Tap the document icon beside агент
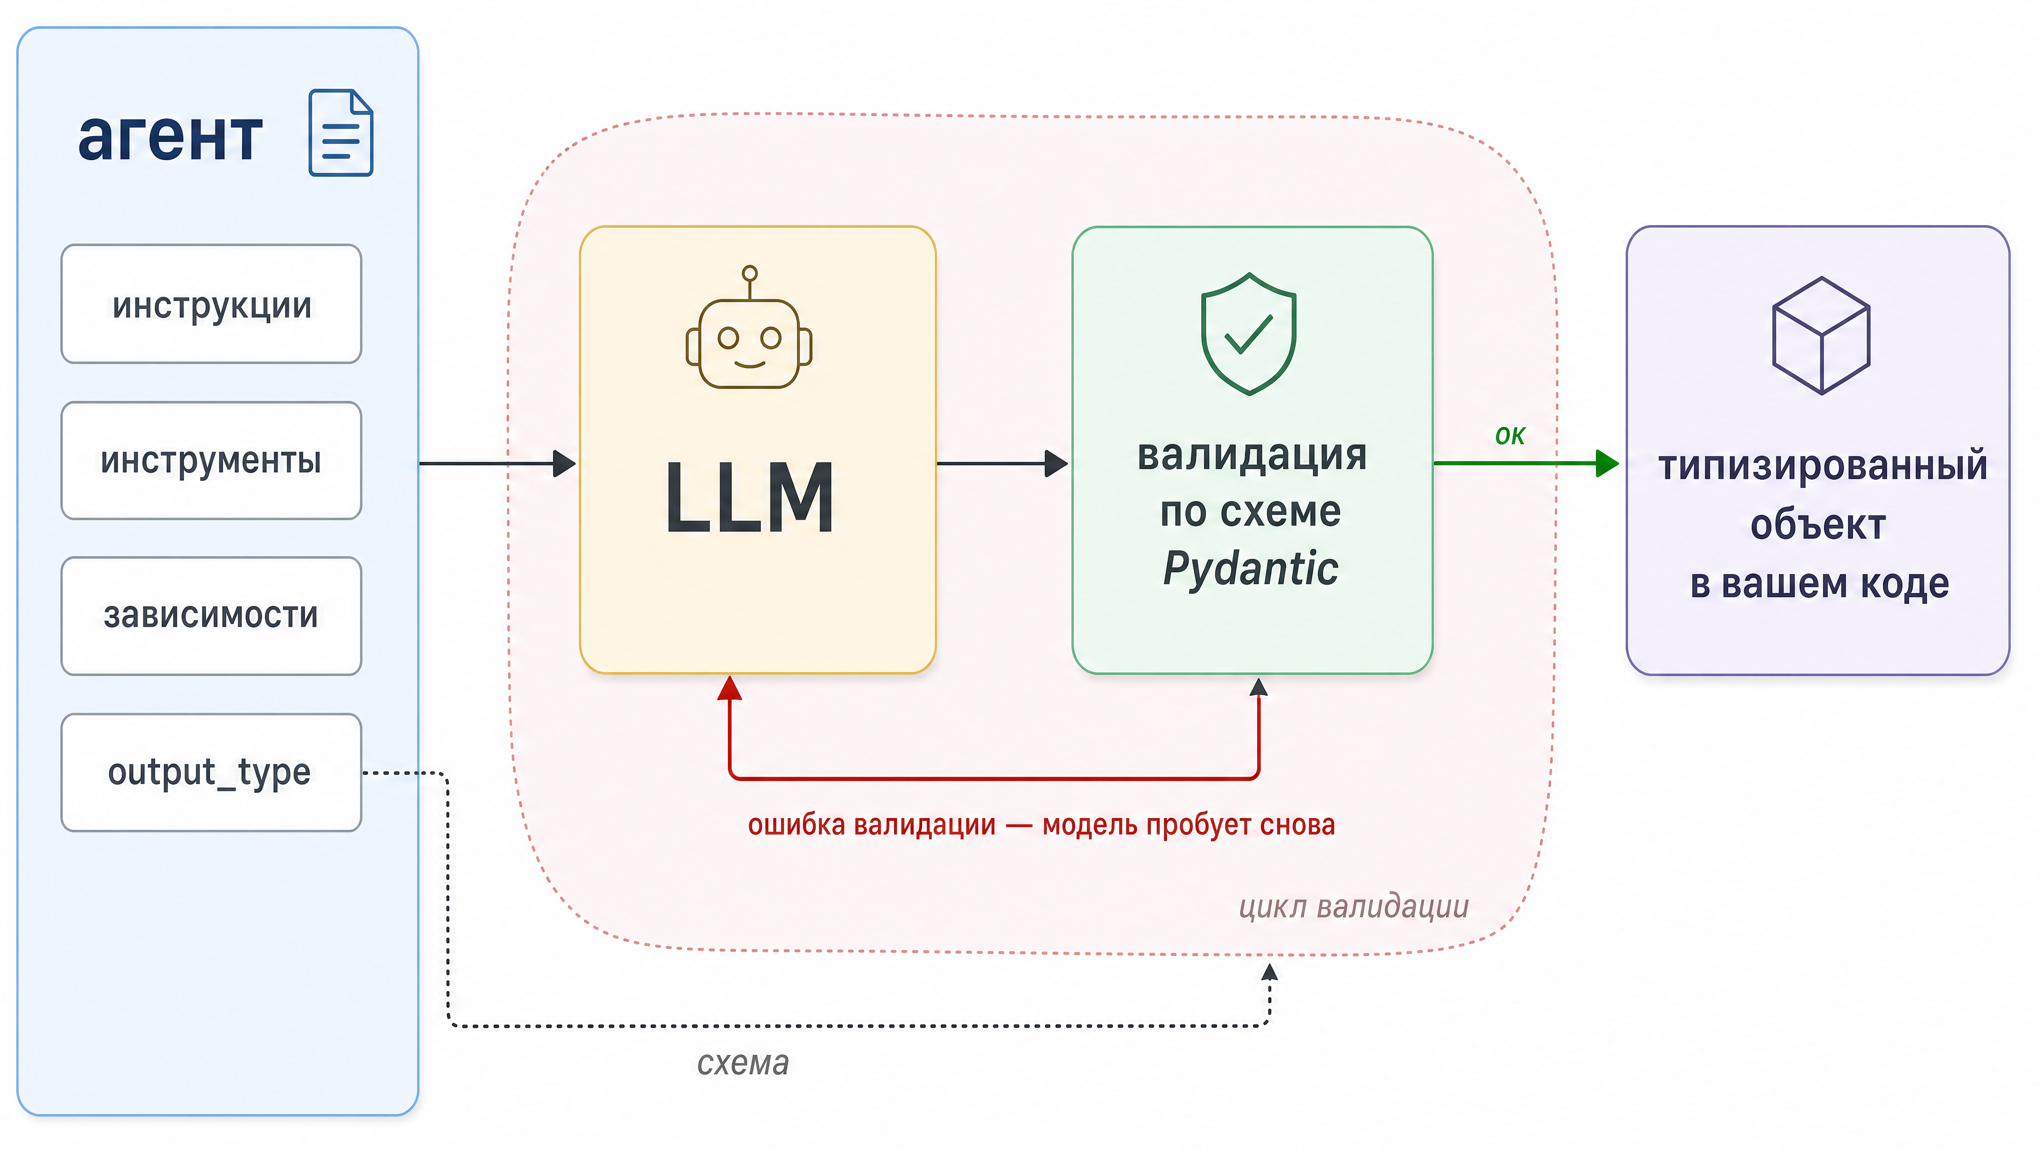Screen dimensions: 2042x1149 (x=341, y=132)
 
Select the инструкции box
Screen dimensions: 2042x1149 (x=212, y=304)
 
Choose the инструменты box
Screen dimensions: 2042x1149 (x=212, y=461)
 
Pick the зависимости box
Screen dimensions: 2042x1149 (x=212, y=616)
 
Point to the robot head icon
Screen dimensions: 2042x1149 (x=749, y=327)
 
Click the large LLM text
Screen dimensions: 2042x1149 (x=749, y=498)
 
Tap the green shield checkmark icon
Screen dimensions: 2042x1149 (x=1249, y=334)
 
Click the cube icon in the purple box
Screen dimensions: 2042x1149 (x=1822, y=336)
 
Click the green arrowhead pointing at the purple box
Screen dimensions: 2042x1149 (x=1608, y=463)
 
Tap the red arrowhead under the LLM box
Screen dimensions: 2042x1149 (x=729, y=687)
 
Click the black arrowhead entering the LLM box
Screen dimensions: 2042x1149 (x=564, y=463)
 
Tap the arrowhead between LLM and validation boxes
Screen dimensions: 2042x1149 (x=1057, y=463)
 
